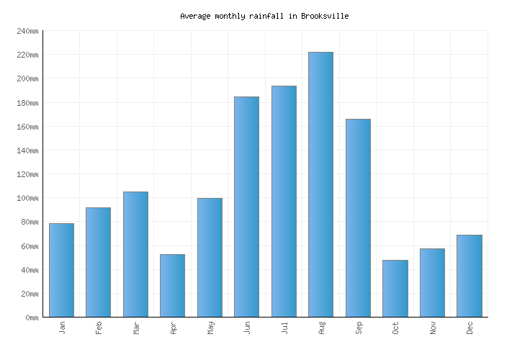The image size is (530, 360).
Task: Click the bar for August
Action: pyautogui.click(x=320, y=184)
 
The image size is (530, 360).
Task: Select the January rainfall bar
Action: pyautogui.click(x=61, y=270)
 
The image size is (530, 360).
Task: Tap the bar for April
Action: pyautogui.click(x=172, y=285)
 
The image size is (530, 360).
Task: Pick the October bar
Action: pyautogui.click(x=395, y=288)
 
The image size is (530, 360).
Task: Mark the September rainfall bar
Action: pyautogui.click(x=358, y=217)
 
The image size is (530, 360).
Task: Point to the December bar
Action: pyautogui.click(x=469, y=276)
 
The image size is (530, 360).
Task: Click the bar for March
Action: pyautogui.click(x=135, y=254)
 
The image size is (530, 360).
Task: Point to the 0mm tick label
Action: pyautogui.click(x=32, y=318)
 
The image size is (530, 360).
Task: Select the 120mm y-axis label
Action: pyautogui.click(x=27, y=174)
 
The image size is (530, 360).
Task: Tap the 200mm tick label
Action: pyautogui.click(x=27, y=78)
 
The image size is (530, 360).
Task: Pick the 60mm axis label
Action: pyautogui.click(x=30, y=246)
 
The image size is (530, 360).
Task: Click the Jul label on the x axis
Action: pyautogui.click(x=284, y=328)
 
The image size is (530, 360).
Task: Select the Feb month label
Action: pyautogui.click(x=99, y=328)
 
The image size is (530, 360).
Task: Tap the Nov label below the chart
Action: pyautogui.click(x=433, y=328)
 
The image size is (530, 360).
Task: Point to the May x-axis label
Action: pyautogui.click(x=210, y=328)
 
